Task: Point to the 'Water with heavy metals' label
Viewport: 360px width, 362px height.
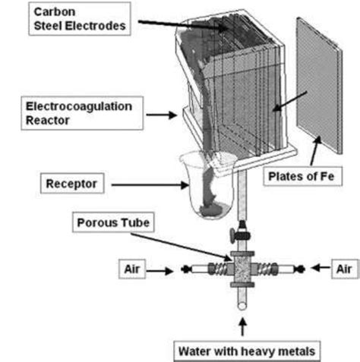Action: pos(242,351)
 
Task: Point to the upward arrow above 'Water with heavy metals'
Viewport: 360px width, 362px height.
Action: pos(242,326)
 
